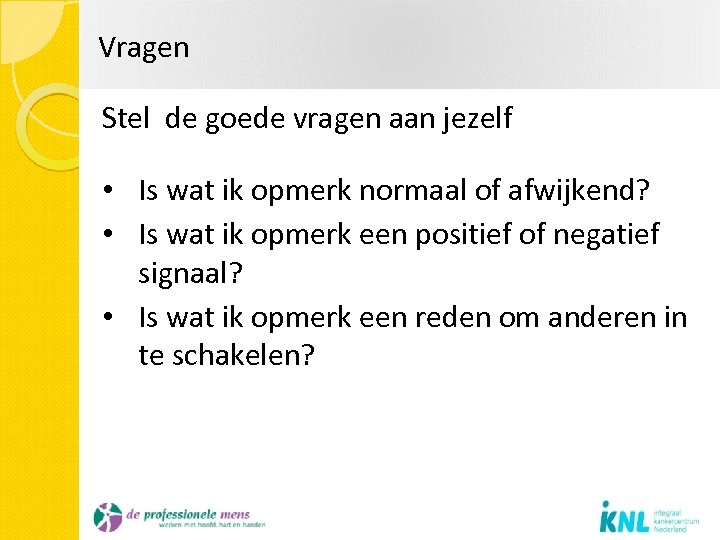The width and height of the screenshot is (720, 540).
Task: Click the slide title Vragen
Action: click(144, 48)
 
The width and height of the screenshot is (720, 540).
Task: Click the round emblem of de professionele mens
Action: click(107, 517)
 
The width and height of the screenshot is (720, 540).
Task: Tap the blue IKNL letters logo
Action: click(626, 518)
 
